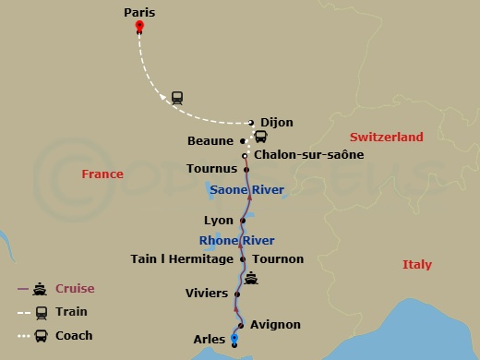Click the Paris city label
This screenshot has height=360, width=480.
[x=139, y=13]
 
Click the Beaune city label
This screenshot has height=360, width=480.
[x=211, y=141]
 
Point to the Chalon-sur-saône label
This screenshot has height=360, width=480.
[x=308, y=155]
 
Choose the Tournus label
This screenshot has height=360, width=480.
[x=211, y=170]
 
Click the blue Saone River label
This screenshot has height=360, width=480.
[x=247, y=190]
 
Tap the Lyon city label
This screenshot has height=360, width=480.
[x=218, y=221]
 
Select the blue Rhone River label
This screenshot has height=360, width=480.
[x=237, y=241]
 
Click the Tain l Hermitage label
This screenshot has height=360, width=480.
[x=182, y=259]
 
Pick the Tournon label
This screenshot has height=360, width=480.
[x=278, y=259]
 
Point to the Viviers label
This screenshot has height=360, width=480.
[x=206, y=294]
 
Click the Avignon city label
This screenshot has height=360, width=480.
[x=275, y=325]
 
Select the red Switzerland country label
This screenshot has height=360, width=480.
[x=387, y=137]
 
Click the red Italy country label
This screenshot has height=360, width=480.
[x=416, y=265]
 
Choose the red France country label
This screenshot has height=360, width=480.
[x=102, y=174]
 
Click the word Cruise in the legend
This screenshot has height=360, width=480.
[x=75, y=289]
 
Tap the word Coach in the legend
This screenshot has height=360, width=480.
[x=75, y=336]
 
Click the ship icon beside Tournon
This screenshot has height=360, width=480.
[x=250, y=278]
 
